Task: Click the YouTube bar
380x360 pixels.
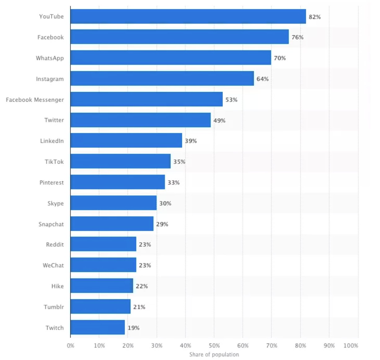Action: point(188,16)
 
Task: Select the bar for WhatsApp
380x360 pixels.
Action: point(171,58)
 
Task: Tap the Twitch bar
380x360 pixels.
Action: point(98,327)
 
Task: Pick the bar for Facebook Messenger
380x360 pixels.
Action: point(147,99)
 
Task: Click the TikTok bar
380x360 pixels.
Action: point(121,161)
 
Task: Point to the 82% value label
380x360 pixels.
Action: point(315,17)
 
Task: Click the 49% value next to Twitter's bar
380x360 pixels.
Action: point(219,121)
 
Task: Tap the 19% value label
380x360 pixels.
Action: point(134,328)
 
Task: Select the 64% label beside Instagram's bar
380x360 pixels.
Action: point(263,79)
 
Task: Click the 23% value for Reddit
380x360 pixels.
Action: point(145,244)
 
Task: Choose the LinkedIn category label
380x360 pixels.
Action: point(52,141)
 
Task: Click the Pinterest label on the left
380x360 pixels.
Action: point(51,182)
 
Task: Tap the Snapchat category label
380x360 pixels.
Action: point(51,224)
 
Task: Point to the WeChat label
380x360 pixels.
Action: point(53,265)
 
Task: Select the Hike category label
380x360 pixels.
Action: point(57,286)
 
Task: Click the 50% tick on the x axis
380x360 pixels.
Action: point(214,345)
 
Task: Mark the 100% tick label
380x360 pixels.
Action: point(351,345)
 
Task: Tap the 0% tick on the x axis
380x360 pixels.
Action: point(71,345)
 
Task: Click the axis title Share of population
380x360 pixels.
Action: point(214,354)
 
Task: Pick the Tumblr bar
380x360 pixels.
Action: point(100,306)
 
